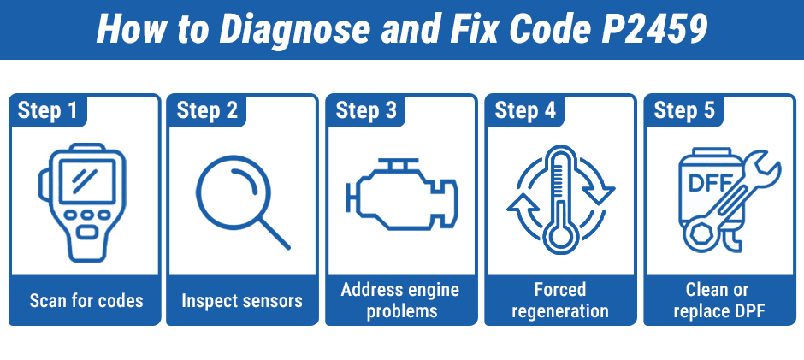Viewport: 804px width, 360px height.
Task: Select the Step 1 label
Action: (48, 111)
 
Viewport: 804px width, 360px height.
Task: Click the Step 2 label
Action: (207, 111)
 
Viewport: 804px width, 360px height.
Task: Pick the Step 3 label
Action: (366, 111)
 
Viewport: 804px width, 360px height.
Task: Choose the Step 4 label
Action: (525, 111)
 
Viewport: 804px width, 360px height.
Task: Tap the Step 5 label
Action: (684, 111)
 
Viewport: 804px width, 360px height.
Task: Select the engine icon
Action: (400, 198)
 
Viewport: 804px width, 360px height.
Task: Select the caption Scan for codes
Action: (86, 300)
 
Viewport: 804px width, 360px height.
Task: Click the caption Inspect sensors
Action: (242, 300)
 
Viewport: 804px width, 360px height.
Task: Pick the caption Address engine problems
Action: (400, 300)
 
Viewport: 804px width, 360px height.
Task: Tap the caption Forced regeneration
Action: (559, 300)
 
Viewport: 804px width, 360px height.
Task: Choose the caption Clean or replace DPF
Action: (718, 300)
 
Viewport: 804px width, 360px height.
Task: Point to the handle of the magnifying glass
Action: (274, 231)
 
